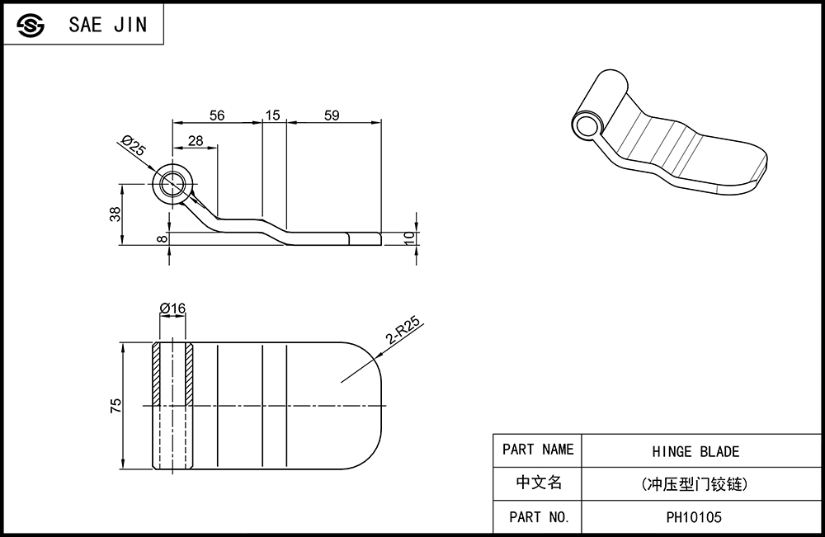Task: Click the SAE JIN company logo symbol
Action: click(x=31, y=25)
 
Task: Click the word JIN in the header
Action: click(x=130, y=25)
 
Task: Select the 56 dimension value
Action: click(x=217, y=115)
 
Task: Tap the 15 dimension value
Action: click(x=272, y=115)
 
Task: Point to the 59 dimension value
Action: click(x=332, y=115)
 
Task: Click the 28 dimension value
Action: click(x=196, y=140)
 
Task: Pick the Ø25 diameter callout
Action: click(x=133, y=145)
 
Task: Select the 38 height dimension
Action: click(x=115, y=214)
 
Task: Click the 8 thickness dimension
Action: click(x=163, y=239)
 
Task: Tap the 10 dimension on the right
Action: click(x=409, y=238)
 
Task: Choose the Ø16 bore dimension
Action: click(x=172, y=309)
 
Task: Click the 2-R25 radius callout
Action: click(x=403, y=330)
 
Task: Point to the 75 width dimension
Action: click(x=115, y=406)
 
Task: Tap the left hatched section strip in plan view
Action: click(x=156, y=374)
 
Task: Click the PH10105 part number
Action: click(x=694, y=517)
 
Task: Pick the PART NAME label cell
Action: click(x=537, y=450)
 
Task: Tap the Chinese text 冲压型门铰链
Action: click(x=695, y=484)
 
